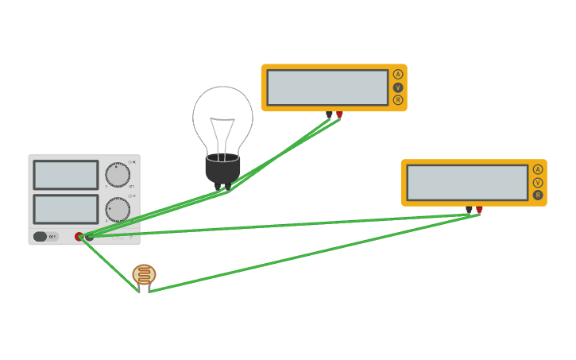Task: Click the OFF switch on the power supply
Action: [x=45, y=236]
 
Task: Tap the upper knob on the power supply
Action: [x=118, y=175]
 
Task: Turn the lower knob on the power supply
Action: [x=118, y=210]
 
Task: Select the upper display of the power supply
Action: [x=66, y=175]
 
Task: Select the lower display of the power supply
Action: [x=66, y=209]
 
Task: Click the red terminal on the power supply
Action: [x=79, y=236]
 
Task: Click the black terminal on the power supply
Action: [x=90, y=236]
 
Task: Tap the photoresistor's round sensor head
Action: [x=144, y=274]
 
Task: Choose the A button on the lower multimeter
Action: [x=538, y=169]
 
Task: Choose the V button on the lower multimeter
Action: [x=538, y=182]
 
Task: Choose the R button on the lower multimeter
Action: [x=538, y=195]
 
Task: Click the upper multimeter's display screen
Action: [x=327, y=87]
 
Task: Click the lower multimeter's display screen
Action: [x=467, y=183]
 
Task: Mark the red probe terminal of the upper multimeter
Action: [x=339, y=114]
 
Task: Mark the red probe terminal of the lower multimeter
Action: [x=479, y=210]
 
